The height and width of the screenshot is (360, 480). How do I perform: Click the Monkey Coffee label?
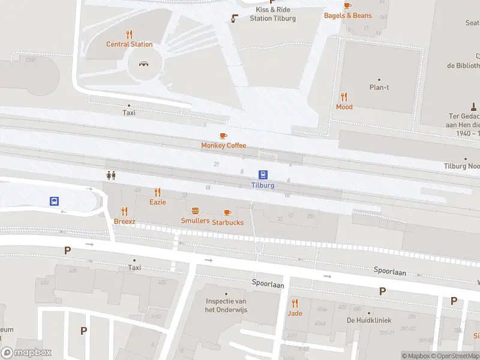[224, 145]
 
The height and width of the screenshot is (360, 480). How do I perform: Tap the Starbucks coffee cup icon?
[227, 212]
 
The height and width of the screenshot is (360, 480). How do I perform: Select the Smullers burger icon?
[195, 211]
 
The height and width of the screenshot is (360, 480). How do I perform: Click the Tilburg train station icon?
[263, 175]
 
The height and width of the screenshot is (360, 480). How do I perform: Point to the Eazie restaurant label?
[158, 202]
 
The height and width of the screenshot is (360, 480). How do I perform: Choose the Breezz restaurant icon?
[125, 211]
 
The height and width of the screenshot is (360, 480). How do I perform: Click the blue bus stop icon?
[54, 202]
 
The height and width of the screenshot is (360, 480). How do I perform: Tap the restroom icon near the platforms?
[110, 175]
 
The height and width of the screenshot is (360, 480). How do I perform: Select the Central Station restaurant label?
[129, 44]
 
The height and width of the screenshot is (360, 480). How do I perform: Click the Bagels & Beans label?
[348, 16]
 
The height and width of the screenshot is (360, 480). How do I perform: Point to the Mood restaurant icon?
[344, 97]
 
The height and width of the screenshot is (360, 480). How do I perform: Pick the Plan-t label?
[379, 87]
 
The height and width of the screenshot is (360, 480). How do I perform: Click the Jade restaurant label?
[295, 313]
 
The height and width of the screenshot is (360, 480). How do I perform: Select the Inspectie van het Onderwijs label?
[226, 305]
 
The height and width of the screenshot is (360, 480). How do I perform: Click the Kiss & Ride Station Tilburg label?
[273, 14]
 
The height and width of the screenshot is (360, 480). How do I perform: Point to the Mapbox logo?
[26, 353]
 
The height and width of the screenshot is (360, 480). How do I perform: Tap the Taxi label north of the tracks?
[129, 112]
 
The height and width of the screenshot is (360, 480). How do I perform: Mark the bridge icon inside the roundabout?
[144, 64]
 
